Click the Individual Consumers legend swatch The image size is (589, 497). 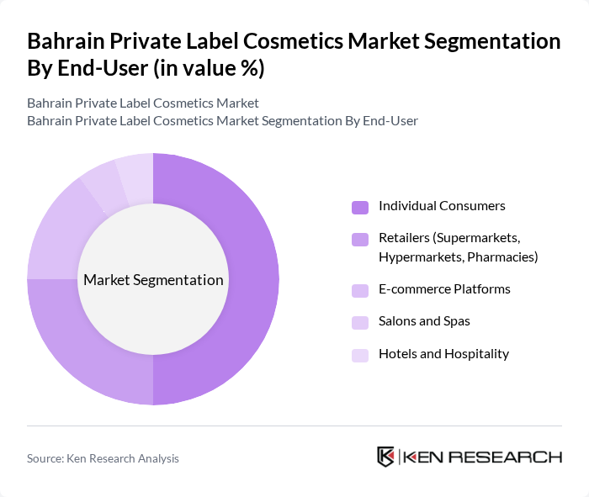click(360, 207)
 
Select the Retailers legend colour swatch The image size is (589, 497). click(360, 240)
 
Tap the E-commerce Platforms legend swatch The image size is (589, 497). click(360, 290)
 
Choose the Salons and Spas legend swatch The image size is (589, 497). click(360, 322)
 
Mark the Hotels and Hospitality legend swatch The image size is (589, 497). click(360, 355)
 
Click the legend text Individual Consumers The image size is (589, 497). click(442, 206)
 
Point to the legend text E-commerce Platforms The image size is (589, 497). click(444, 289)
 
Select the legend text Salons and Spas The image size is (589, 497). click(424, 321)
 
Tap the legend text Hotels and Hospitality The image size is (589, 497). click(443, 354)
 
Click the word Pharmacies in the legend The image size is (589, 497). click(506, 256)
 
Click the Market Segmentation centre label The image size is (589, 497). click(153, 280)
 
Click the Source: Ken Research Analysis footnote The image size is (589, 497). click(103, 458)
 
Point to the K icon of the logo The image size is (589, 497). click(386, 457)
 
